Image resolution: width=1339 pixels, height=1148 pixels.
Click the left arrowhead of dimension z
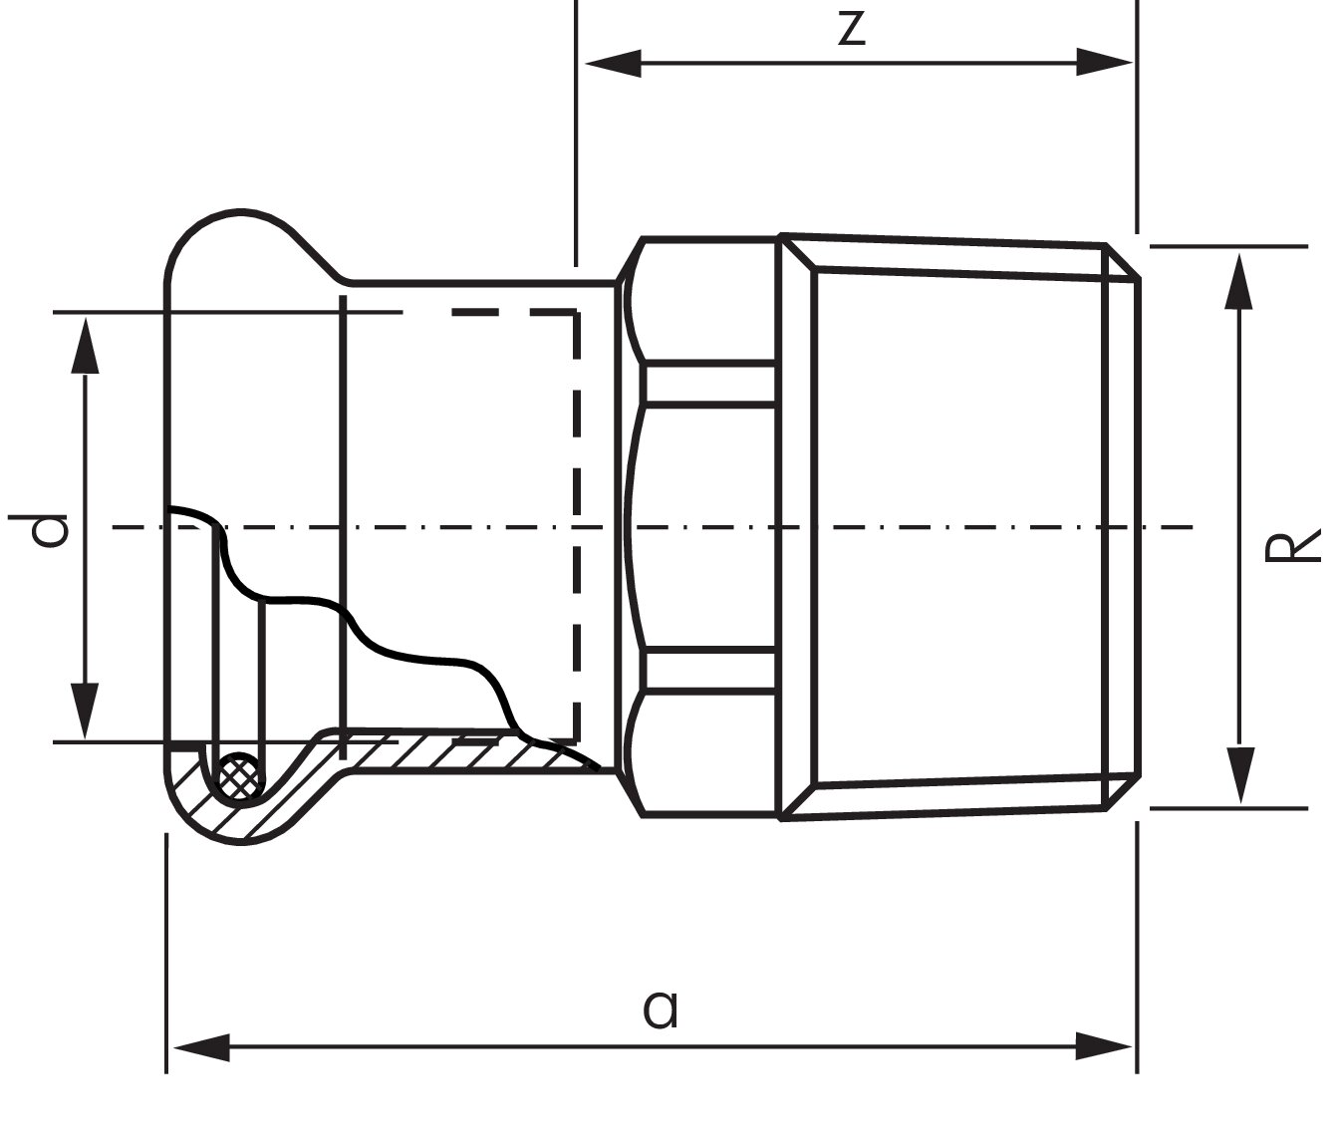point(613,63)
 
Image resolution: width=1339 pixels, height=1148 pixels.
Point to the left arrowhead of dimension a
point(201,1047)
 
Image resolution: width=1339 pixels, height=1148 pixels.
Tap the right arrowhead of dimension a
point(1104,1046)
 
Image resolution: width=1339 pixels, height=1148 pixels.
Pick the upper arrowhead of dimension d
point(85,346)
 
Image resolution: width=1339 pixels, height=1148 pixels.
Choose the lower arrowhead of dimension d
point(85,711)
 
